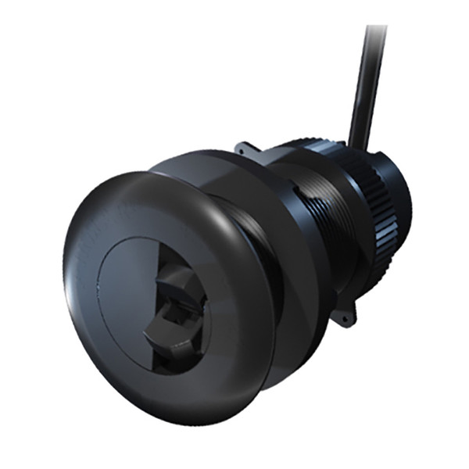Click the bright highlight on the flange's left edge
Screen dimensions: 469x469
(x=72, y=274)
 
